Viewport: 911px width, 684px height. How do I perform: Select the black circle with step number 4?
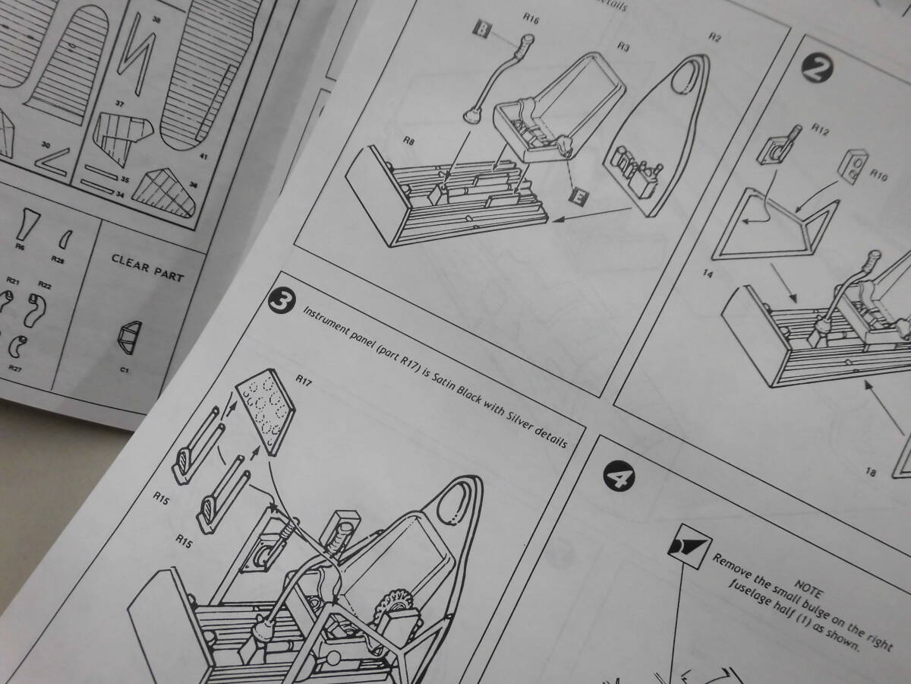615,478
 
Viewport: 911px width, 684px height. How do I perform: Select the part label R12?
821,128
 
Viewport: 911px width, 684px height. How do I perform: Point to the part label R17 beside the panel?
304,378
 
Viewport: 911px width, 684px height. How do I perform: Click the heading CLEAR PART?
147,267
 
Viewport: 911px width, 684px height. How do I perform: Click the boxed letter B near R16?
481,29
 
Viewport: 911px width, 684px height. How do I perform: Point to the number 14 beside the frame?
708,273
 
